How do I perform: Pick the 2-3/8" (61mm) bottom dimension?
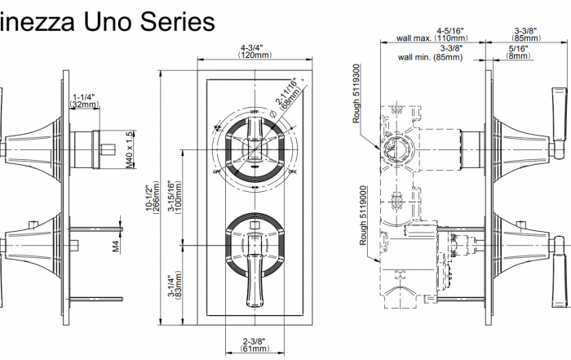tap(255, 344)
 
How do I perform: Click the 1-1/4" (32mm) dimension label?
tap(84, 100)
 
